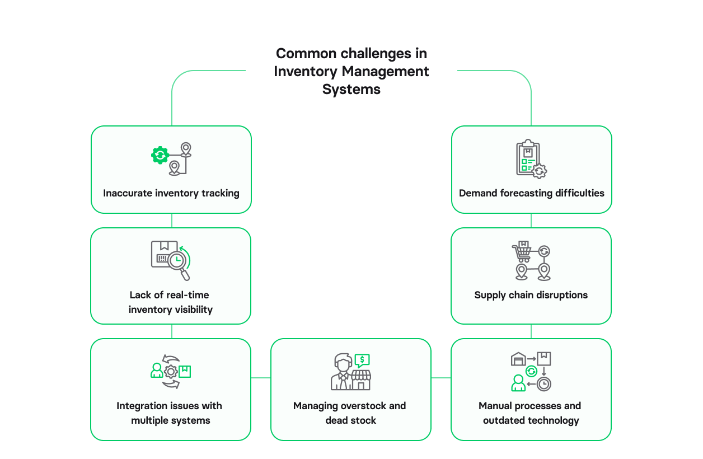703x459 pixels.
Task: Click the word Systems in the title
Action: (351, 90)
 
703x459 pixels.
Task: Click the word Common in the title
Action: (306, 54)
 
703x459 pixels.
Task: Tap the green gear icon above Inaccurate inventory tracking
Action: (161, 154)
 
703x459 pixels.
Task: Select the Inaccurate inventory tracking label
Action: (171, 193)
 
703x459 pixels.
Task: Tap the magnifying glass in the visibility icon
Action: (177, 261)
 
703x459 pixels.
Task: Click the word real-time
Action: (188, 295)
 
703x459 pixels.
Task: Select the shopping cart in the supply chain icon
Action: (522, 252)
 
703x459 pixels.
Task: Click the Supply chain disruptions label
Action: (531, 295)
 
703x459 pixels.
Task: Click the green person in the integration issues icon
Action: (157, 371)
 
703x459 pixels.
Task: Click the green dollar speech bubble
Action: (362, 360)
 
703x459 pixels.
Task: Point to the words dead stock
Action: (351, 420)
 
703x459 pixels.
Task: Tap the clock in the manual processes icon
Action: (543, 384)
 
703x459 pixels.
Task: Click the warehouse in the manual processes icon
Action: (518, 359)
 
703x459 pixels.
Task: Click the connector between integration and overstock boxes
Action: (261, 378)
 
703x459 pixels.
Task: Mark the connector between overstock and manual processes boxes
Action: (441, 378)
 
